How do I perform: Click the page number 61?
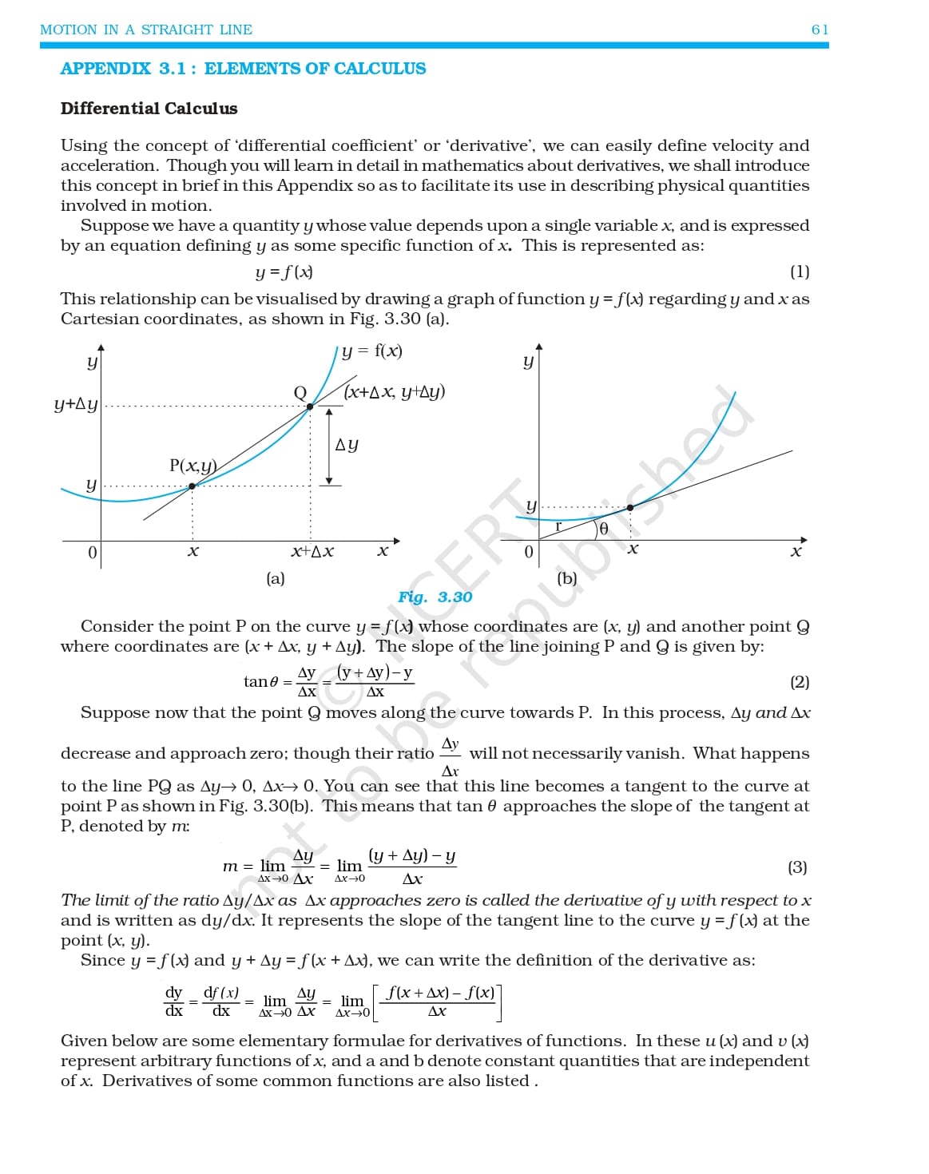click(820, 30)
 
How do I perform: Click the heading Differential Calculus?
click(149, 109)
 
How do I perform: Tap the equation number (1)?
click(799, 272)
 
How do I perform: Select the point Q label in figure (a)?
click(300, 392)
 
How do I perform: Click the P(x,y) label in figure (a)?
click(193, 466)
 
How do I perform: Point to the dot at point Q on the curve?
click(310, 407)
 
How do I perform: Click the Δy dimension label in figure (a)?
click(347, 445)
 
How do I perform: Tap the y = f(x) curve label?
click(371, 351)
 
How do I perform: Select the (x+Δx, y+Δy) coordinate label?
click(395, 391)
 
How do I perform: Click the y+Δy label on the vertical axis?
click(76, 404)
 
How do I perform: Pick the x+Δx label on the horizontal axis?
click(312, 552)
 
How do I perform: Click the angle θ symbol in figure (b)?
click(603, 529)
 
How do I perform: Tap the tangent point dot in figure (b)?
click(630, 508)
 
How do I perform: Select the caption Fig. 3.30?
click(435, 597)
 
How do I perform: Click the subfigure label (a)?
click(275, 578)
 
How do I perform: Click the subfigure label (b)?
click(566, 578)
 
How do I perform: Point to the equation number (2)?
click(799, 682)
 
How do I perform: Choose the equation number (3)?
click(796, 867)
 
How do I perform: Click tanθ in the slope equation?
click(260, 682)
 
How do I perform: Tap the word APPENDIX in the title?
click(105, 69)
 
